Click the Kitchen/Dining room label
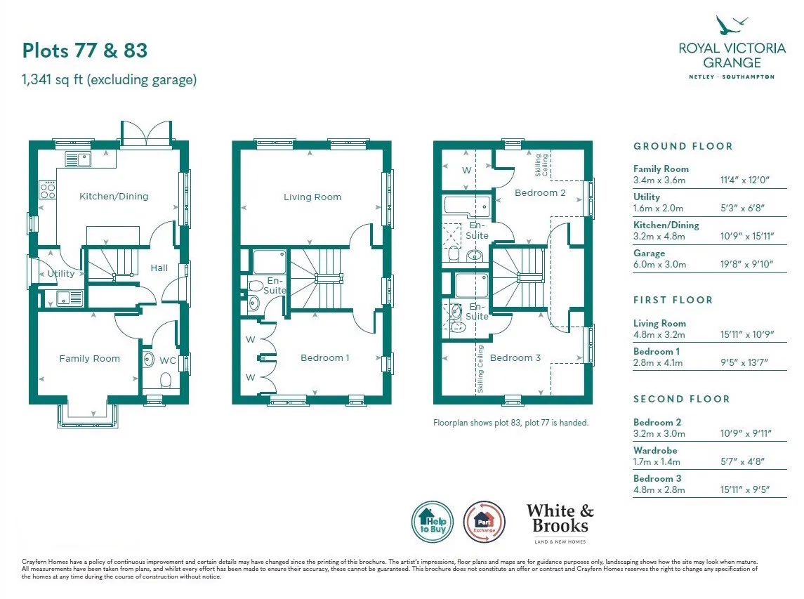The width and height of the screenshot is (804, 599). tap(114, 197)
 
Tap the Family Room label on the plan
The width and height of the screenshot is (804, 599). tap(90, 358)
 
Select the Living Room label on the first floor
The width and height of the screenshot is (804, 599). tap(312, 197)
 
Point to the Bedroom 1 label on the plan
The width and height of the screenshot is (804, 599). tap(324, 357)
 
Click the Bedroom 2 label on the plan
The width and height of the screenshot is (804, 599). tap(540, 193)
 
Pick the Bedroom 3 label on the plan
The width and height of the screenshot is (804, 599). tap(515, 357)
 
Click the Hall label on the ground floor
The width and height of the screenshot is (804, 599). tap(159, 268)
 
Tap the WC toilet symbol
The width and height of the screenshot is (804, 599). tap(165, 380)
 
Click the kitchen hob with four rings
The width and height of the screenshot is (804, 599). tap(48, 190)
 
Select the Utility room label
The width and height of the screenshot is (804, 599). tap(61, 273)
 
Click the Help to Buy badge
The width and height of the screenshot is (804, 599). tap(433, 522)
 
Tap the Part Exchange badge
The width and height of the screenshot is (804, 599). tap(484, 522)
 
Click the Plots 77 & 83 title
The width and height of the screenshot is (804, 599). tap(85, 51)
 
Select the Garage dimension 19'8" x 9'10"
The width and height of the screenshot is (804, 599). tap(746, 264)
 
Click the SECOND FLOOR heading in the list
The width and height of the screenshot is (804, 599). tap(681, 399)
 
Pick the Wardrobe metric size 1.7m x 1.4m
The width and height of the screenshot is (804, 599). tap(657, 461)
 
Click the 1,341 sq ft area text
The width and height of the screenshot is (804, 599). tap(110, 80)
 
